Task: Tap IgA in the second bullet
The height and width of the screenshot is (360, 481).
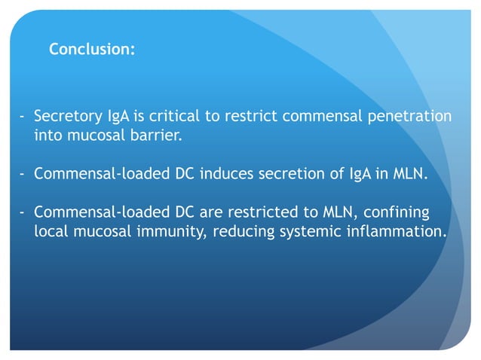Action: click(x=354, y=175)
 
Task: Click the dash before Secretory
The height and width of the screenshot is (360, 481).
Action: click(x=23, y=117)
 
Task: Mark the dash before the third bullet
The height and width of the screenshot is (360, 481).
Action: click(x=23, y=212)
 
